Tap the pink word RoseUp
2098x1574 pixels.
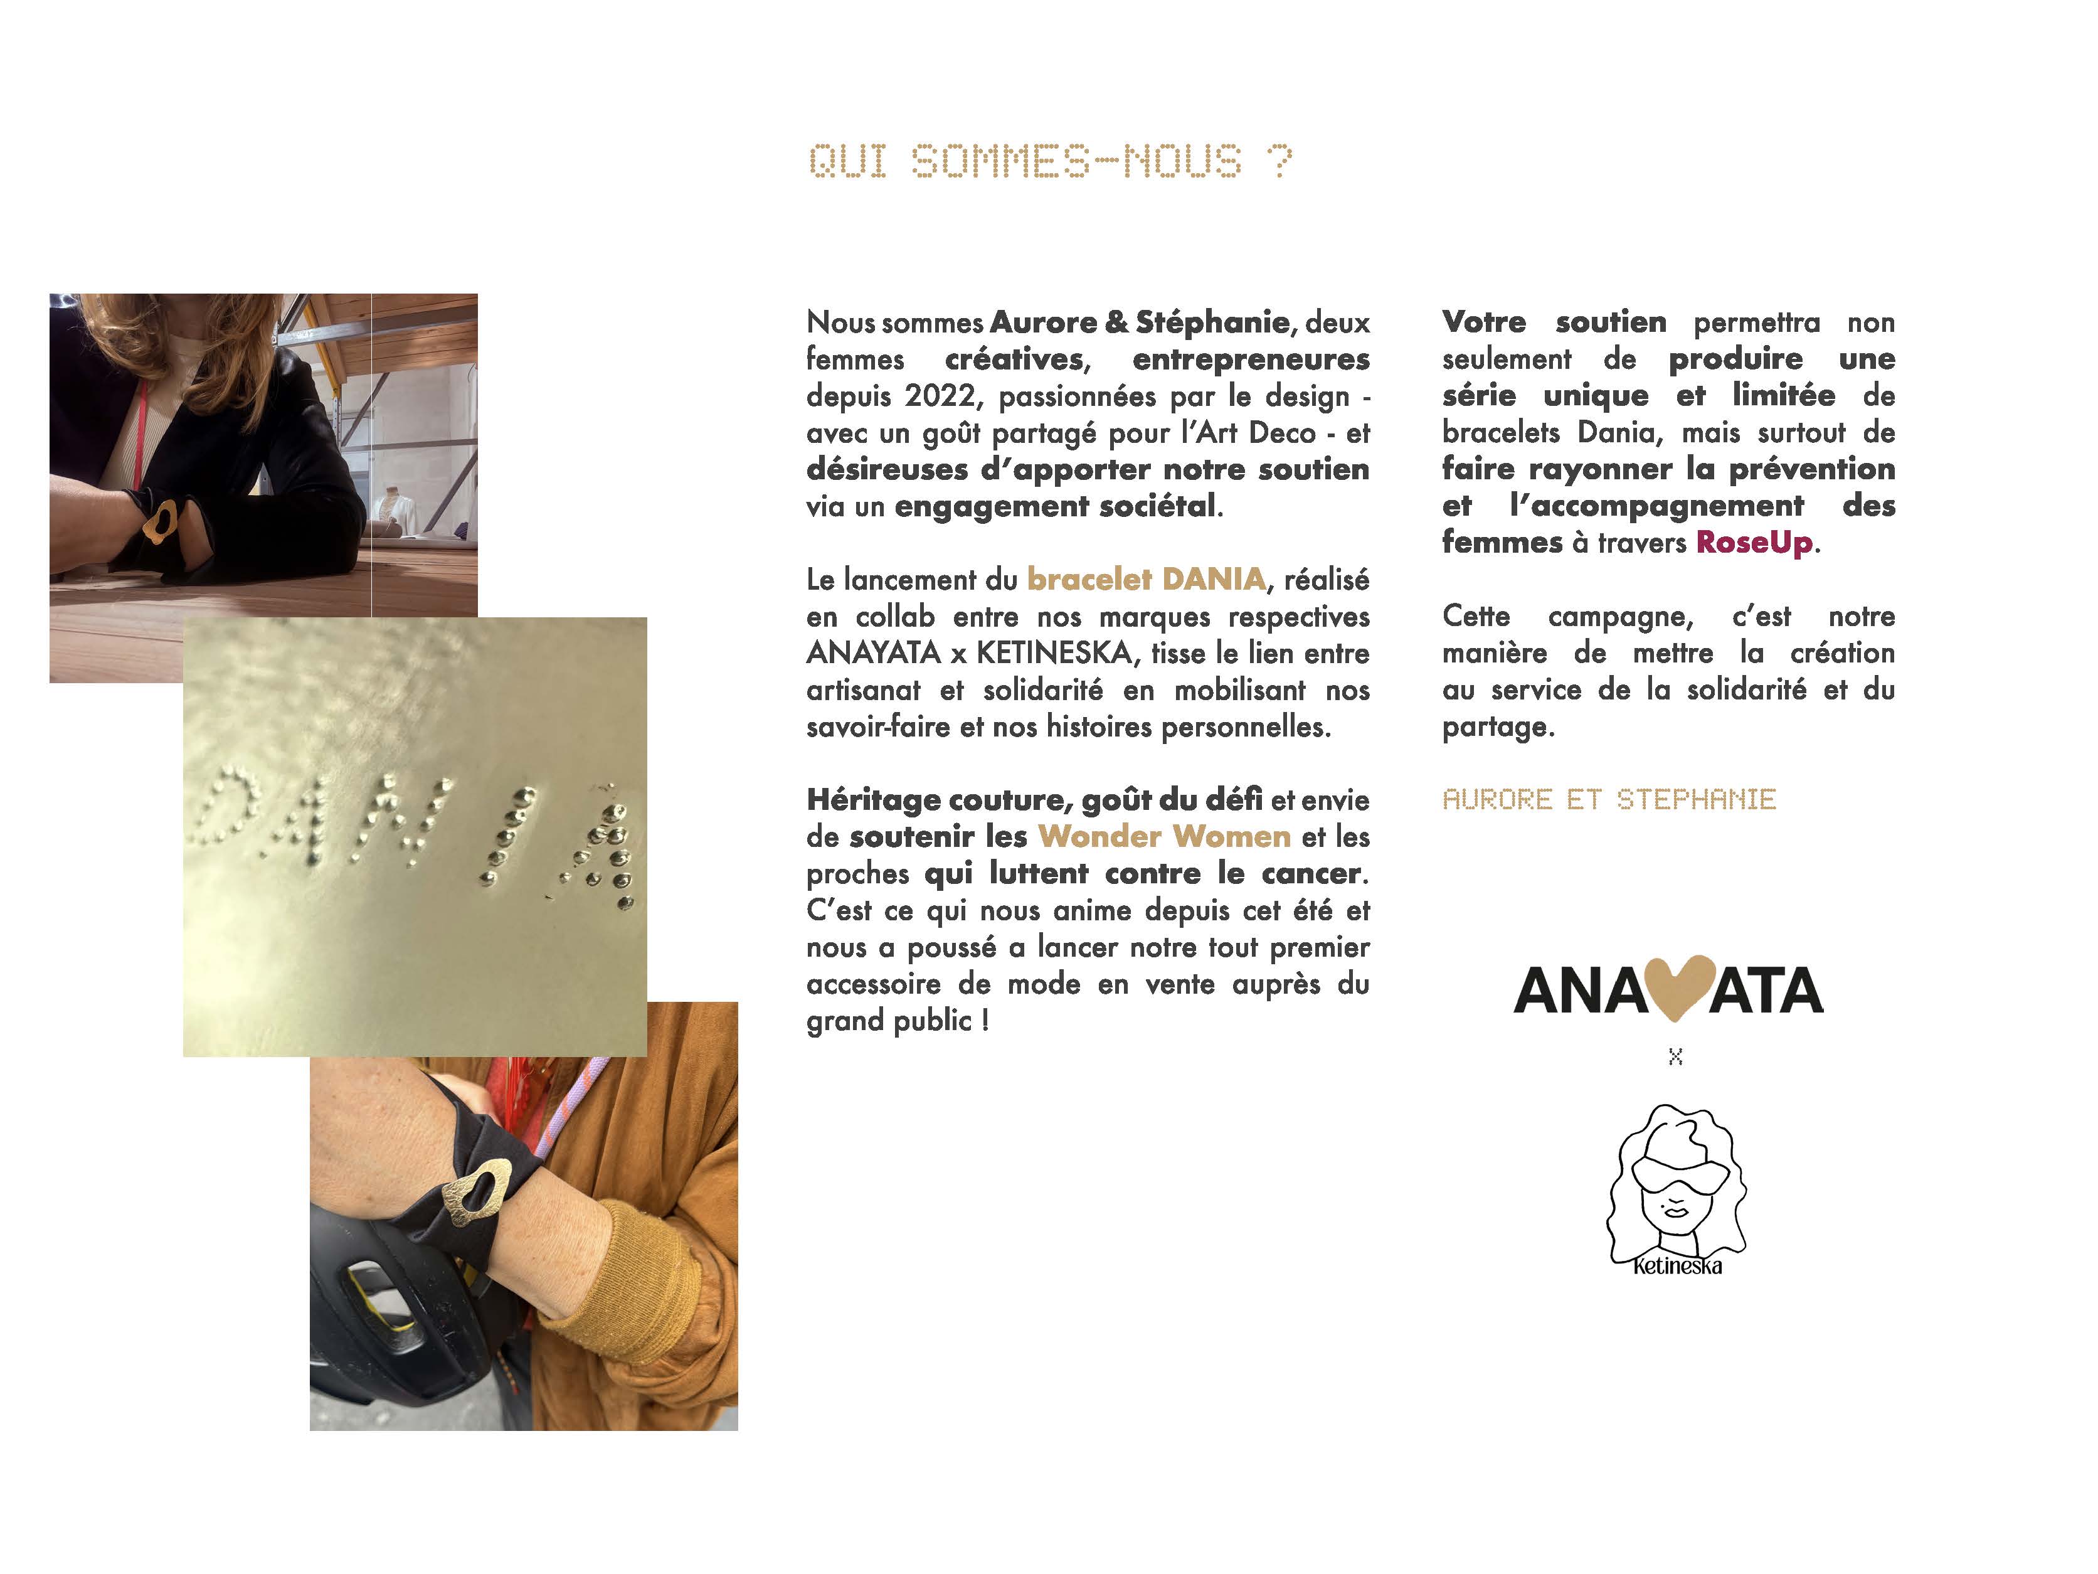point(1754,543)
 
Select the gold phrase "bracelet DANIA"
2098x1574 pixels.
point(1146,579)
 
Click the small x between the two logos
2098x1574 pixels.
point(1675,1057)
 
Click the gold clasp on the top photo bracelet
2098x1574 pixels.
point(159,522)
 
